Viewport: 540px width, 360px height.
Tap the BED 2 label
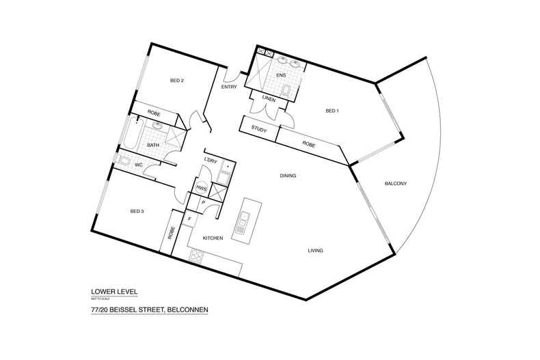click(x=177, y=81)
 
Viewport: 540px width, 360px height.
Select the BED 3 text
click(x=137, y=212)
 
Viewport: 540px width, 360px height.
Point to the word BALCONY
click(x=396, y=183)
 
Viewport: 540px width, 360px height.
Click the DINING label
click(x=288, y=176)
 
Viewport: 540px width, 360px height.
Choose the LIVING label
click(x=314, y=251)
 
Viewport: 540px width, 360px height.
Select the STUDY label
click(x=258, y=128)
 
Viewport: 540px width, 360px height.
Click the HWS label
click(x=202, y=189)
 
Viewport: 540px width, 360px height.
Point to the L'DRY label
click(x=211, y=160)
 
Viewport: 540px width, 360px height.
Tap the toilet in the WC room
click(x=122, y=161)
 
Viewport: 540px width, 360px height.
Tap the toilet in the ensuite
click(x=288, y=90)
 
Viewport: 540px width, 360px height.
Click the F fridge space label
click(x=191, y=219)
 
